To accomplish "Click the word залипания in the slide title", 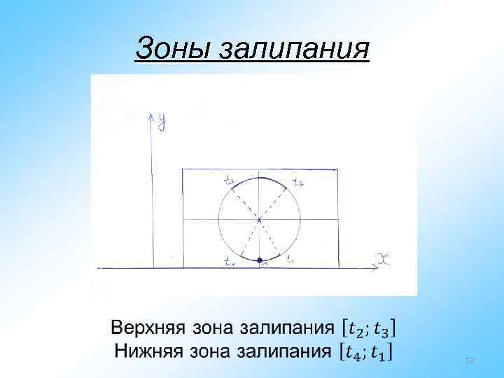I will click(294, 49).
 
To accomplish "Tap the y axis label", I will click(162, 122).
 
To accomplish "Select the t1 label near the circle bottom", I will click(290, 262).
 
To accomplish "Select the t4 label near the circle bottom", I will click(230, 262).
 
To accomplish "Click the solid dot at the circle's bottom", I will click(260, 260).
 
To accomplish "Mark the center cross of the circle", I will click(259, 220).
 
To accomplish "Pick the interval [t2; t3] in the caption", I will click(369, 328).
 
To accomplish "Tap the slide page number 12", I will click(469, 360).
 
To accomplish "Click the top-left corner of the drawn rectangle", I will click(183, 169).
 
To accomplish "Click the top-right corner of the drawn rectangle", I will click(337, 169).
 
